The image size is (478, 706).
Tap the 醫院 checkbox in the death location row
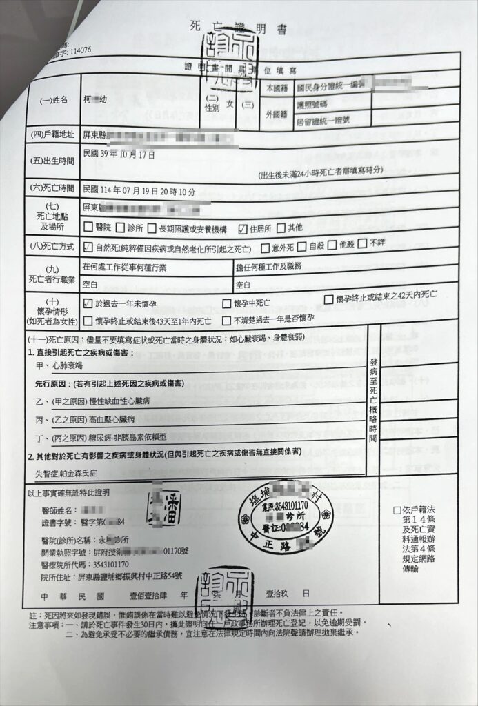(x=87, y=228)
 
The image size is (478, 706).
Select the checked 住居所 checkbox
(x=242, y=228)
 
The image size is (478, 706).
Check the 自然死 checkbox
(x=88, y=246)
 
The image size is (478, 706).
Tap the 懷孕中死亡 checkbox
(x=227, y=303)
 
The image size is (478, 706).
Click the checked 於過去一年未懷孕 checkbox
(x=88, y=303)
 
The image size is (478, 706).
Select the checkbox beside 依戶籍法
(x=395, y=510)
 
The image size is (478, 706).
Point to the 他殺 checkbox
(x=332, y=245)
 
